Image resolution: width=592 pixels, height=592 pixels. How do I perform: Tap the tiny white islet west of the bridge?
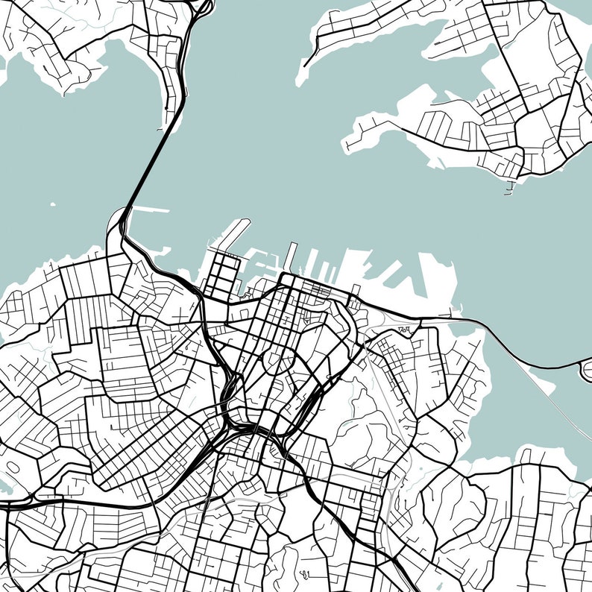51,204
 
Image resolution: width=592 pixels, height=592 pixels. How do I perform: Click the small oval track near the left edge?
13,468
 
